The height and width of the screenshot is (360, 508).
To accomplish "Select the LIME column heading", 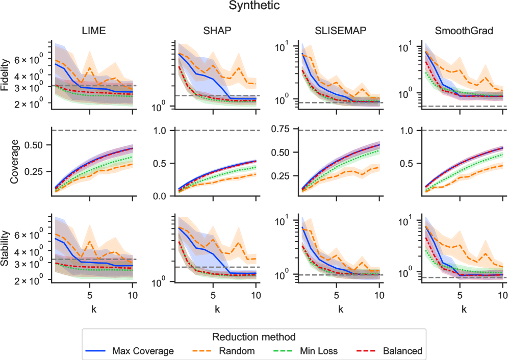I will [94, 31].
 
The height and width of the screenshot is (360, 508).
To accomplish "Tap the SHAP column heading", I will [217, 31].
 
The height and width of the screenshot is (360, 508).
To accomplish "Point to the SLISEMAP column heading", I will [341, 31].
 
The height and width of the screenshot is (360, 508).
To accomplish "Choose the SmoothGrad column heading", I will [464, 31].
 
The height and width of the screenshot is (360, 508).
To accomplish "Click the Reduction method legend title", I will [254, 337].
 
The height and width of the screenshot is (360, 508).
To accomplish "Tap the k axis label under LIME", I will [94, 308].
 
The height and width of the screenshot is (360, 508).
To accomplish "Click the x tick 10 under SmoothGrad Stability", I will [502, 295].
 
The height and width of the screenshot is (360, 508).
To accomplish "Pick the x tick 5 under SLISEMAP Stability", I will [337, 295].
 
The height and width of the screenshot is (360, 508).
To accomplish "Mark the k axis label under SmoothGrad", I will [464, 308].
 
